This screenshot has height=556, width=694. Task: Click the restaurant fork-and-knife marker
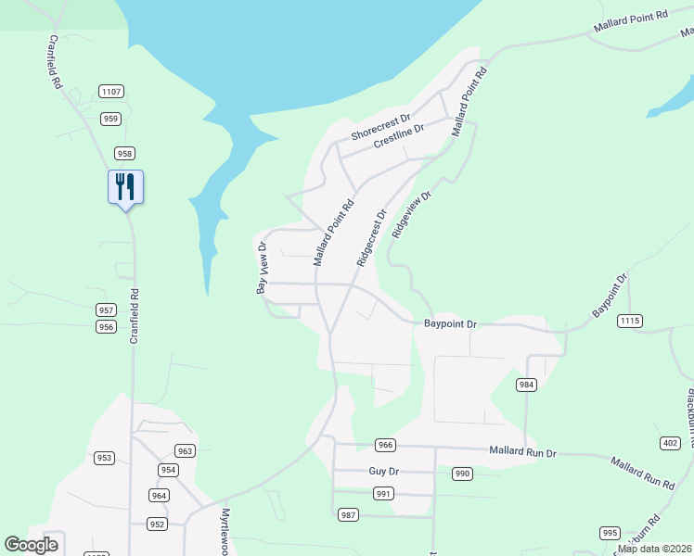[x=124, y=186]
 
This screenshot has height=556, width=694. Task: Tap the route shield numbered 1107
[x=111, y=91]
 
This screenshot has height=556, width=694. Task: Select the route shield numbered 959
[x=111, y=118]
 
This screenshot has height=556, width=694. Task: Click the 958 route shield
[x=125, y=153]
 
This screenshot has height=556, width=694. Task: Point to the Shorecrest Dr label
[x=380, y=129]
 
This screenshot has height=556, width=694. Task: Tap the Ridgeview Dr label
[x=412, y=216]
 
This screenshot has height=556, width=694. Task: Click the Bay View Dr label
[x=262, y=269]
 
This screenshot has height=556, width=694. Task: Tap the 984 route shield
[x=527, y=385]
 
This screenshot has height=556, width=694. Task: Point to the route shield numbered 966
[x=386, y=446]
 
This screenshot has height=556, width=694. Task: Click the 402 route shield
[x=670, y=444]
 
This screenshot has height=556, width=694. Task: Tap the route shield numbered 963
[x=185, y=451]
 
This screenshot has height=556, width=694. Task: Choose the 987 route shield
[x=348, y=514]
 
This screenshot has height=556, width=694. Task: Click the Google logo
[x=32, y=545]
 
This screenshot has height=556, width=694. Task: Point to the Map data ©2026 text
[x=655, y=549]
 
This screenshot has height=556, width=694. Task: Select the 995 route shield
[x=610, y=533]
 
